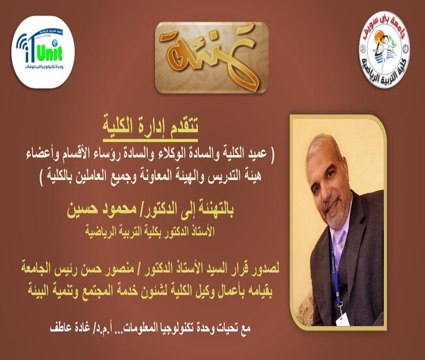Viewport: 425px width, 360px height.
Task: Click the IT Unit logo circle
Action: (42, 52)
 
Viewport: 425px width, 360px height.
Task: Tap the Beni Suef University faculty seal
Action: (384, 49)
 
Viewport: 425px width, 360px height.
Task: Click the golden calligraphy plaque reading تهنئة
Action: (211, 58)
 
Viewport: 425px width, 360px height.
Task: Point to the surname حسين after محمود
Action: (78, 210)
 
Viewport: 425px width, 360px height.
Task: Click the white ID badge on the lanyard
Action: (343, 320)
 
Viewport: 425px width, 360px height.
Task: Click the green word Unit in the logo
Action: (49, 52)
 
